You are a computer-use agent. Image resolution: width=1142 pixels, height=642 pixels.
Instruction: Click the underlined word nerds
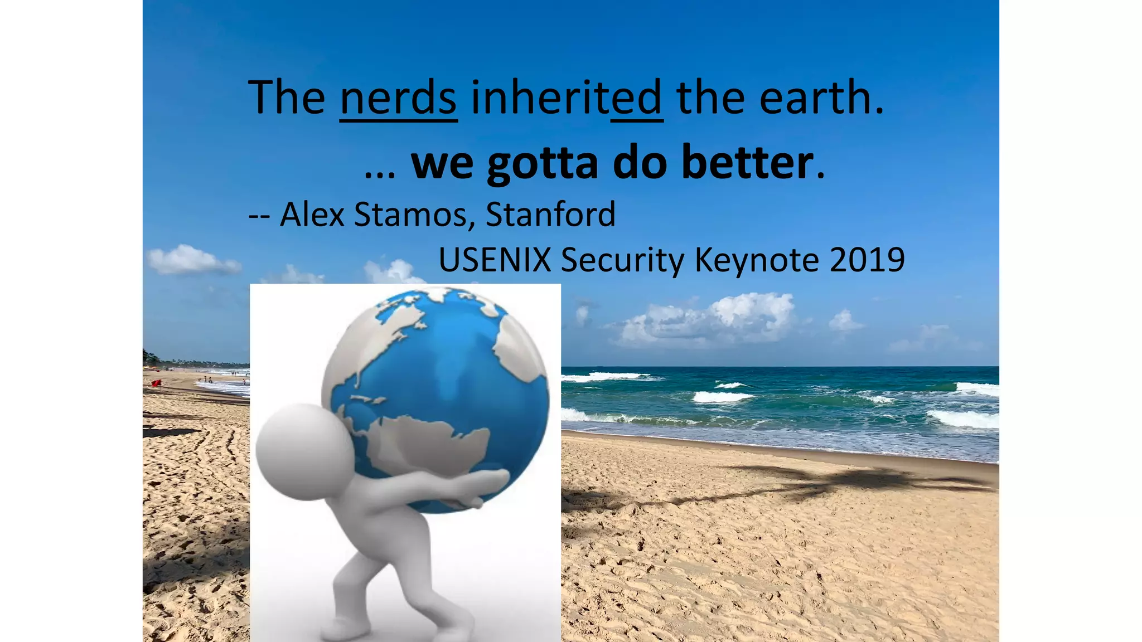tap(398, 98)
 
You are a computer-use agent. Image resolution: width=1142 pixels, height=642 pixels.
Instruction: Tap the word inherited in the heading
tap(567, 98)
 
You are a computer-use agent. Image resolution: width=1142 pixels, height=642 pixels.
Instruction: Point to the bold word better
tap(747, 163)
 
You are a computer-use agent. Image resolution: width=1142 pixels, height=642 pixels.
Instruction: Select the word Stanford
tap(550, 215)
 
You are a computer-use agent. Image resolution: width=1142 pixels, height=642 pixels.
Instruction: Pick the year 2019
tap(867, 260)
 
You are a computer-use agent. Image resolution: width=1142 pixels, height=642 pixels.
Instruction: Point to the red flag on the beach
tap(156, 383)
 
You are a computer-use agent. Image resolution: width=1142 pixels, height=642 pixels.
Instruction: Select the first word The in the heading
tap(287, 98)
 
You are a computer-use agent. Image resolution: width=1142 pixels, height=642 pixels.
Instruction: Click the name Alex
tap(312, 215)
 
